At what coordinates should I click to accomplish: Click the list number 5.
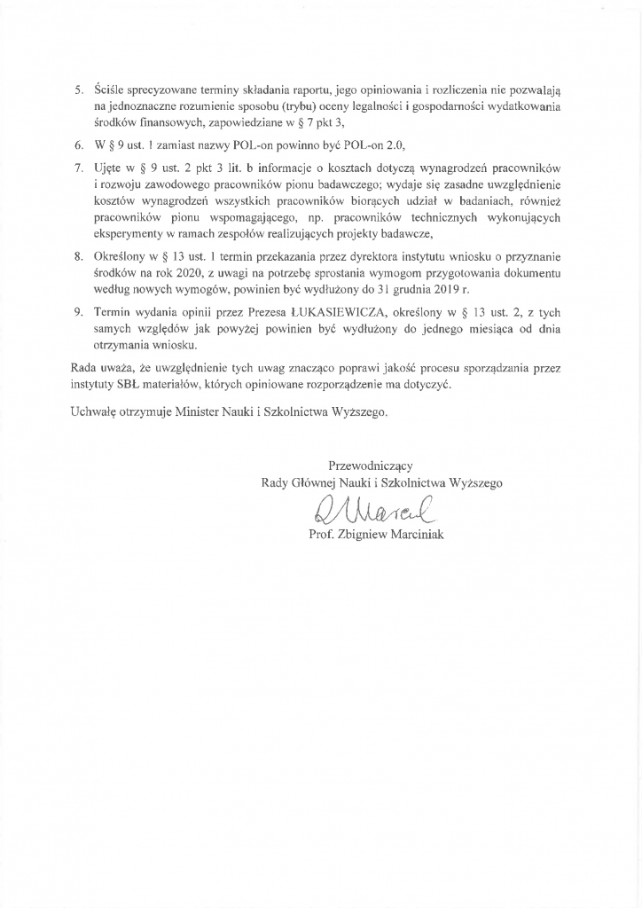77,90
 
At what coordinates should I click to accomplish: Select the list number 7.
77,168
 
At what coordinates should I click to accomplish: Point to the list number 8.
77,256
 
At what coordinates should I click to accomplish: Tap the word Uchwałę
92,411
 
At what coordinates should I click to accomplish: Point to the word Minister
206,411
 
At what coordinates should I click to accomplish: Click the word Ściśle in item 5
110,90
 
